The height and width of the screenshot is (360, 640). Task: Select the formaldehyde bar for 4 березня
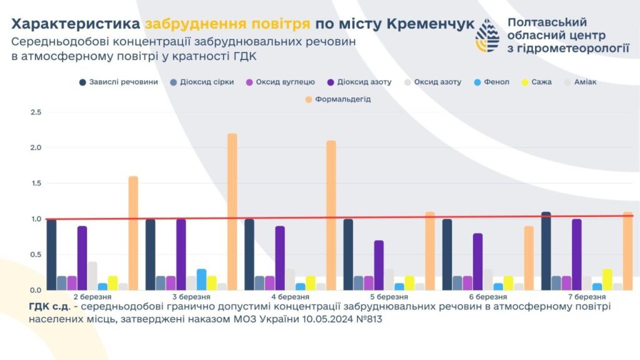(331, 215)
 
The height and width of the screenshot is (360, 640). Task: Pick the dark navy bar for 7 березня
(546, 251)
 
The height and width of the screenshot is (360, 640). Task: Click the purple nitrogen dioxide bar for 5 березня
(379, 265)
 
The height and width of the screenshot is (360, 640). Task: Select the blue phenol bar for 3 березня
(201, 279)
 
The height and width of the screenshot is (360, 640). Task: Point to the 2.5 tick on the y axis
(36, 112)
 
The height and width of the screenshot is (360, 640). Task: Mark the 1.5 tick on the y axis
(36, 183)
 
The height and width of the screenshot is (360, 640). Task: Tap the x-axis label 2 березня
(92, 296)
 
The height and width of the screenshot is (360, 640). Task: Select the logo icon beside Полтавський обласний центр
(487, 36)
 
